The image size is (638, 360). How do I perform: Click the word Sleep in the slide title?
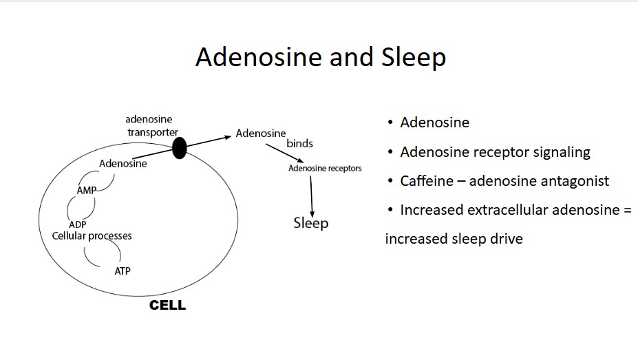pyautogui.click(x=414, y=58)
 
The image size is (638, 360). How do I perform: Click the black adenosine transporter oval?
pyautogui.click(x=179, y=148)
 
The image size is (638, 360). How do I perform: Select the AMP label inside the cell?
pyautogui.click(x=86, y=191)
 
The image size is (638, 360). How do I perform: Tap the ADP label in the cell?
pyautogui.click(x=77, y=224)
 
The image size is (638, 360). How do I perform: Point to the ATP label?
pyautogui.click(x=123, y=271)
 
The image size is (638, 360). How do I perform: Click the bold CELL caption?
pyautogui.click(x=167, y=305)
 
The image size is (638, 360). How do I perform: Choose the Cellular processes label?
pyautogui.click(x=92, y=236)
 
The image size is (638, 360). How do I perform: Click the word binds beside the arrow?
pyautogui.click(x=299, y=144)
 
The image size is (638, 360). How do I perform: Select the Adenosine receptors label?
pyautogui.click(x=325, y=169)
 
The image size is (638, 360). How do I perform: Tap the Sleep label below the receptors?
pyautogui.click(x=311, y=223)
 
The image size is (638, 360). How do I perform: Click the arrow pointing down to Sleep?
pyautogui.click(x=311, y=196)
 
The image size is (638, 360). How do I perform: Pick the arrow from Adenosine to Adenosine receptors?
pyautogui.click(x=285, y=153)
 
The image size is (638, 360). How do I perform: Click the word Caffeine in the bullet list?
pyautogui.click(x=427, y=181)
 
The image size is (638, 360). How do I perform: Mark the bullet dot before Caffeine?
pyautogui.click(x=391, y=180)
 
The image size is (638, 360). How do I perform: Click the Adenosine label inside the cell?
pyautogui.click(x=123, y=164)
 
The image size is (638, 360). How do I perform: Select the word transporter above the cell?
pyautogui.click(x=153, y=133)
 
